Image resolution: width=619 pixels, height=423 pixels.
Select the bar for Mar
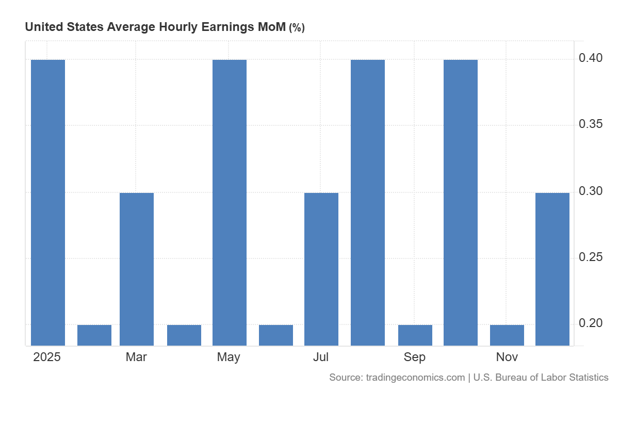(x=137, y=269)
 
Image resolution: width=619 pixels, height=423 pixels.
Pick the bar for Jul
(x=321, y=269)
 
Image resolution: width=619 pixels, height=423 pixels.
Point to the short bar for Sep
(x=415, y=335)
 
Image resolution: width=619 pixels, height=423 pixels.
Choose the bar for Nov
(x=507, y=335)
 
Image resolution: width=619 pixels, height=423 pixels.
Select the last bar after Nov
(x=552, y=269)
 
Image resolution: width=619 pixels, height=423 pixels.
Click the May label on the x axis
(x=229, y=357)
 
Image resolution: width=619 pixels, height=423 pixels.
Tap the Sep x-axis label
(x=415, y=357)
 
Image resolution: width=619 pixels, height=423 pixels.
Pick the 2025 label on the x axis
(x=47, y=357)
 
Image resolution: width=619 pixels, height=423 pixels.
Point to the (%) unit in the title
(x=297, y=28)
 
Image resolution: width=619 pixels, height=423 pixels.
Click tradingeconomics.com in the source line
(x=415, y=378)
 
